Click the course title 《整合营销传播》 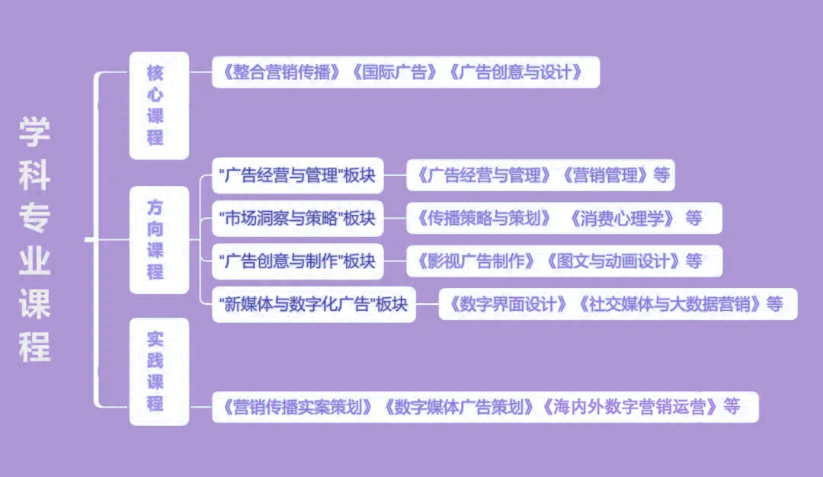[x=281, y=73]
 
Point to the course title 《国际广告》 [x=395, y=73]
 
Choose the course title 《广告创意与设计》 [x=516, y=73]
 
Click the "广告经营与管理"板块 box [x=297, y=176]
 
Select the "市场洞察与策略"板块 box [x=297, y=219]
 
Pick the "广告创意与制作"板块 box [x=297, y=261]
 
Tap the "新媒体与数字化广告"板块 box [x=313, y=304]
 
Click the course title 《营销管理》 [x=607, y=176]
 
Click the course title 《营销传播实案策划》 [x=296, y=407]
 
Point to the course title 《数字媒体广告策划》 [x=460, y=407]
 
